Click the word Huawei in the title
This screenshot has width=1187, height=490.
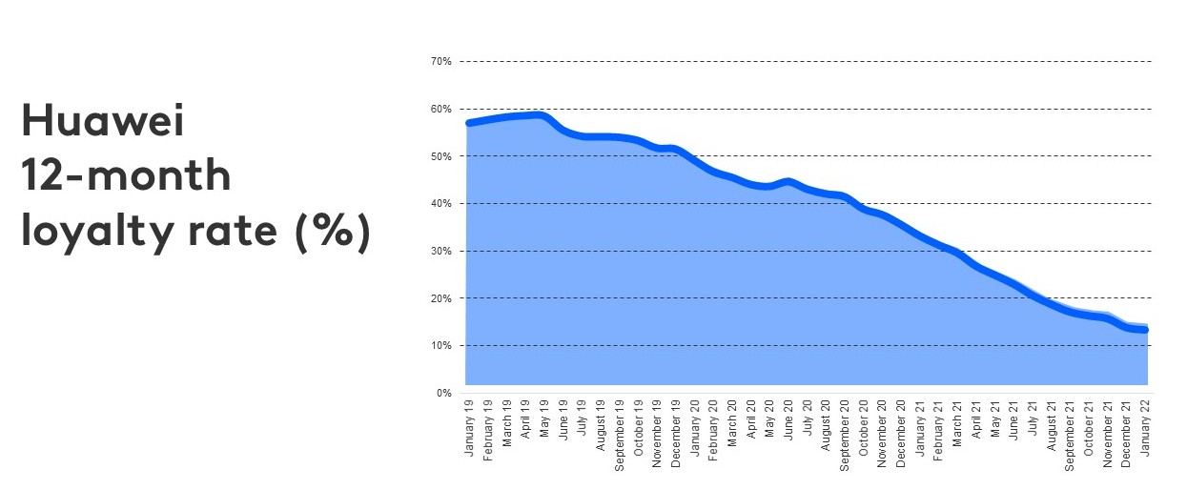click(102, 123)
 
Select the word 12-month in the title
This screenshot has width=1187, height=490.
click(126, 176)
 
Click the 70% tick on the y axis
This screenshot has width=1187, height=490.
click(441, 62)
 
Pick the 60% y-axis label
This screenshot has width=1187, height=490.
click(441, 109)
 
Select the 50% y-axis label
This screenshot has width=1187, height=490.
click(441, 156)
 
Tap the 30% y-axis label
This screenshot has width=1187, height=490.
click(441, 251)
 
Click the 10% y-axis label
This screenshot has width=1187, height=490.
click(441, 345)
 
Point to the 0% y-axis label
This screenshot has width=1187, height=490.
click(444, 393)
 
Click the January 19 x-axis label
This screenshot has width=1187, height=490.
click(469, 427)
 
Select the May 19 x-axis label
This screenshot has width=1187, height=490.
click(544, 420)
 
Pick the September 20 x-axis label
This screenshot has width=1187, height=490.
click(845, 432)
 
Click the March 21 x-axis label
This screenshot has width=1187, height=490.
click(957, 424)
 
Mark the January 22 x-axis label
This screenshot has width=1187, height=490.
click(1145, 427)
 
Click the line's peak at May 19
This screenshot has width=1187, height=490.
click(541, 115)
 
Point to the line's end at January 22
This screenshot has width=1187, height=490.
click(1145, 330)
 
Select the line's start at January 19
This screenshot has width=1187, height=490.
click(469, 123)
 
